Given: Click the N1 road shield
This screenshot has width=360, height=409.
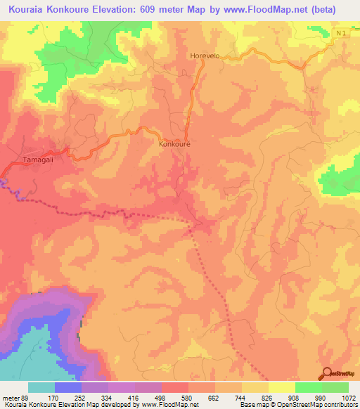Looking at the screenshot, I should [x=341, y=33].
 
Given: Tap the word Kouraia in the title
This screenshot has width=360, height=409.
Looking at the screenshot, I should [x=29, y=9].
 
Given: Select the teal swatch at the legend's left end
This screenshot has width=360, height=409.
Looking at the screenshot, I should [x=41, y=387].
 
